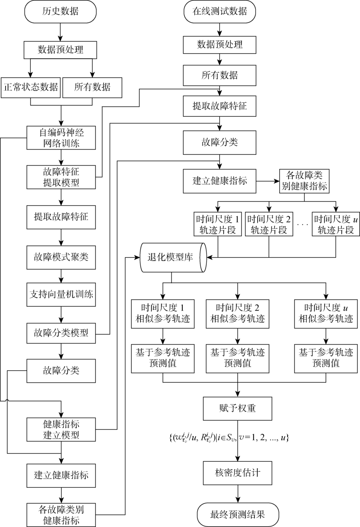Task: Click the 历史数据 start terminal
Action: (x=61, y=12)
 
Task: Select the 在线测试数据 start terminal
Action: (x=219, y=12)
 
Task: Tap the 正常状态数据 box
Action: (x=30, y=87)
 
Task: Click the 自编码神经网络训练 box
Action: (x=61, y=137)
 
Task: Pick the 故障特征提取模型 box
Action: (x=61, y=177)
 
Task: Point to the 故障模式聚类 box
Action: (x=61, y=256)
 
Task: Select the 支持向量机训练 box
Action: (x=61, y=295)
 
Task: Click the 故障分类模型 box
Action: (x=61, y=332)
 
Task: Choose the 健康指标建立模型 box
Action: (x=61, y=429)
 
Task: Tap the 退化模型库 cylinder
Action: (x=172, y=257)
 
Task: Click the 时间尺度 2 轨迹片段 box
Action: (x=269, y=225)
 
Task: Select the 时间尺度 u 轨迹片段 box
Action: (x=335, y=225)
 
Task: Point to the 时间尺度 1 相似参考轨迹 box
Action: (x=162, y=313)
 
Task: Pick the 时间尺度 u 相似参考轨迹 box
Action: (x=326, y=313)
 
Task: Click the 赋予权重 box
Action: (x=238, y=408)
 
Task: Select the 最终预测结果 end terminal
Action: (x=238, y=514)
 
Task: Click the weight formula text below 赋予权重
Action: (x=228, y=438)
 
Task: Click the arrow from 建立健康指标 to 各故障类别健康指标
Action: (x=268, y=181)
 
